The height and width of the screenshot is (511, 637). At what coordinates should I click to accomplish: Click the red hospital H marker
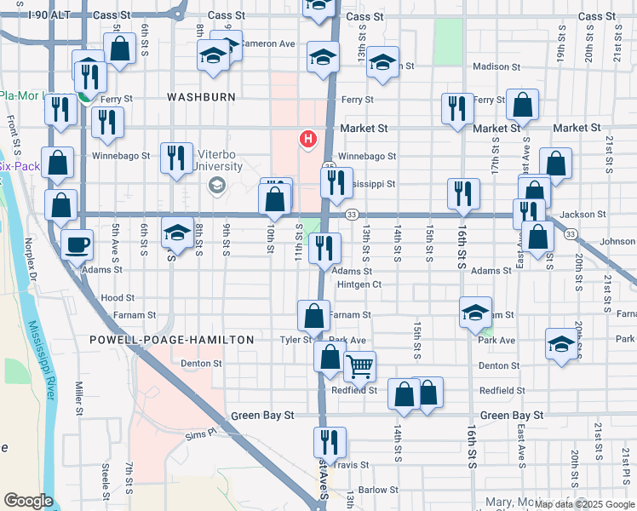point(307,138)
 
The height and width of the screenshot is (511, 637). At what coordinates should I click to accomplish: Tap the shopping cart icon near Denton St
point(359,366)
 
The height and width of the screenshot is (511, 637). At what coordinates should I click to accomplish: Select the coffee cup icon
point(77,244)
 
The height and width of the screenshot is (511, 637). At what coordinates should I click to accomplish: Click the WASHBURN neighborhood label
point(201,97)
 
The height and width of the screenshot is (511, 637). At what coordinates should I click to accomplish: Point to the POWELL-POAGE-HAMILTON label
point(172,340)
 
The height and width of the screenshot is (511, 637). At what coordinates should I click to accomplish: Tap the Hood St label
point(118,298)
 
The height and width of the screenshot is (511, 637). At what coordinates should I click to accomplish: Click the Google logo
point(27,500)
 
